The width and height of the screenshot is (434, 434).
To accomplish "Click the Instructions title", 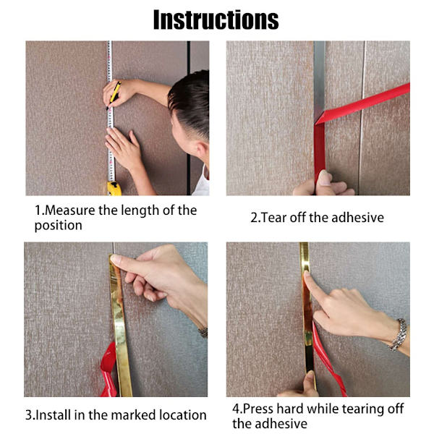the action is coord(216,20).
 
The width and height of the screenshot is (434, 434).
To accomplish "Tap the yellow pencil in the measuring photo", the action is coord(114,95).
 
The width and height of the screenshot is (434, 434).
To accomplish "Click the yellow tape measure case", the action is coord(114,189).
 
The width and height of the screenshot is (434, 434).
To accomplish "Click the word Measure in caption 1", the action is coord(69,210).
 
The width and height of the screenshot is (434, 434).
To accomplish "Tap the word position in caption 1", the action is coord(59,226).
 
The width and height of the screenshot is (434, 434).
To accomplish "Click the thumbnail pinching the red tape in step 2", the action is coord(324,178).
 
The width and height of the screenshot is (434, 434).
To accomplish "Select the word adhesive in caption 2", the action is coord(357,217).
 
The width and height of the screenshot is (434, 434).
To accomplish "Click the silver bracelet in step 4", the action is coord(399,335).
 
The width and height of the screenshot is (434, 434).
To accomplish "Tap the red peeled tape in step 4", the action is coord(329,359).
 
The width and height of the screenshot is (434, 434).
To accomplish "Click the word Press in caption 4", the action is coord(258,409).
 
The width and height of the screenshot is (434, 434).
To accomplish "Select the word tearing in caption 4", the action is coord(361,410).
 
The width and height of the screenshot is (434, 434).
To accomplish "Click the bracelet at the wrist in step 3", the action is coord(203,332).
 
